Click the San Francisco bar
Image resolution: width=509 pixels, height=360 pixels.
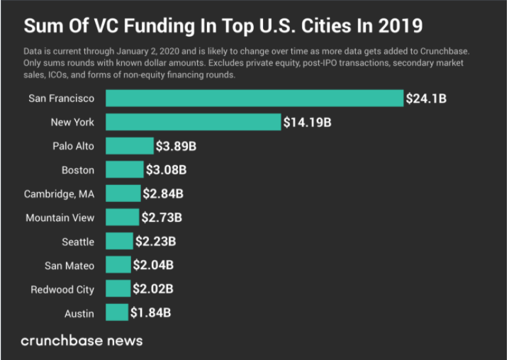(254, 98)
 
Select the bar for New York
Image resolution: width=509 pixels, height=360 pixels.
(193, 122)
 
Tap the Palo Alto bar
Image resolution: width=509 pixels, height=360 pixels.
(129, 146)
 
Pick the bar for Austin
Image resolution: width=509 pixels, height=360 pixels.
(116, 313)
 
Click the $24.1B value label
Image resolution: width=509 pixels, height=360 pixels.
(425, 99)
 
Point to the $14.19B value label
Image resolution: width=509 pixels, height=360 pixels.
(307, 123)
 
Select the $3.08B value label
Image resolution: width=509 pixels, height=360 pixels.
(166, 170)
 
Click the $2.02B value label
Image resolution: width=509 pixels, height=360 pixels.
(152, 289)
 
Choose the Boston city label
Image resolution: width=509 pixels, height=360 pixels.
(78, 170)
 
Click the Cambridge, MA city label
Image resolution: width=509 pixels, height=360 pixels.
(59, 193)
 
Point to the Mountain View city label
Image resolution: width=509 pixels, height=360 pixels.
(60, 218)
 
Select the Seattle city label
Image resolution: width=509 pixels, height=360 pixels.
(77, 242)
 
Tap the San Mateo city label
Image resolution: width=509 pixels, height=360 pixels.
(69, 266)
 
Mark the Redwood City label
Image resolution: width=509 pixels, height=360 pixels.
(62, 289)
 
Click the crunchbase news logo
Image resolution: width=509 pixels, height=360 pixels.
(82, 341)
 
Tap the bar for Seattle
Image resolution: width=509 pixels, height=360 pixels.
(119, 242)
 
